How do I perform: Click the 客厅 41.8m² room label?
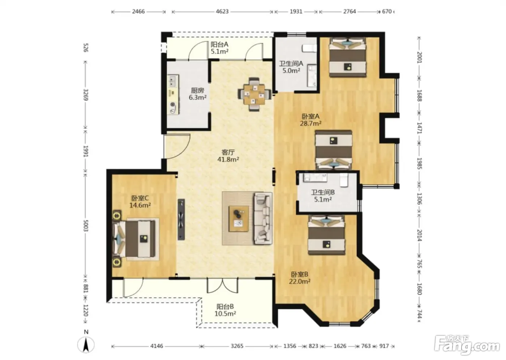click(228, 156)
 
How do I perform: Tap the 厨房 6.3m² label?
click(197, 94)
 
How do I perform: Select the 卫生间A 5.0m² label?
click(291, 67)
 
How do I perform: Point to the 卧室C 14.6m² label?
click(140, 202)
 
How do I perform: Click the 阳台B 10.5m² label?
click(225, 310)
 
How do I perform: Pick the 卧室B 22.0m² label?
click(300, 278)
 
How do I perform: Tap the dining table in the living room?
click(254, 94)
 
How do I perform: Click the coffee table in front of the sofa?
click(239, 219)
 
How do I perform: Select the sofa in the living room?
click(263, 218)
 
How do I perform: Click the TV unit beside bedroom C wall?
click(181, 219)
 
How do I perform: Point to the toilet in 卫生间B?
click(344, 180)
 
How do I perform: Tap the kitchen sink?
click(173, 81)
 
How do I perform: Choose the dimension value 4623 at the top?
click(222, 12)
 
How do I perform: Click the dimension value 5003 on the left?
click(86, 226)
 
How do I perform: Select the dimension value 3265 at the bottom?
click(237, 346)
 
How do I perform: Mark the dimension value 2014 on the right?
click(419, 235)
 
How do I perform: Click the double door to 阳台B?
click(223, 286)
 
